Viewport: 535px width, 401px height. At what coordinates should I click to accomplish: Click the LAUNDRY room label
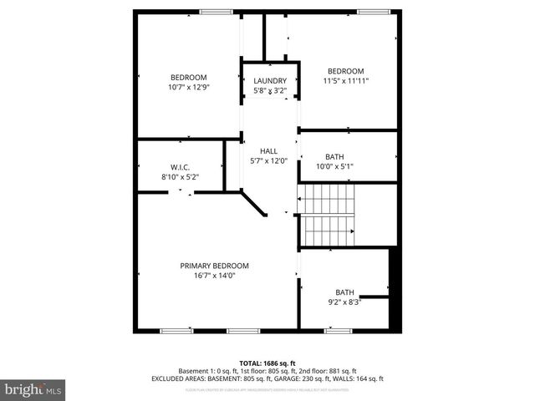[x=270, y=81]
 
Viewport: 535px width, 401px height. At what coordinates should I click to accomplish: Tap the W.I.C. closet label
[x=180, y=167]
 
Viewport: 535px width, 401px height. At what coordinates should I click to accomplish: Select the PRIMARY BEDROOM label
[x=214, y=266]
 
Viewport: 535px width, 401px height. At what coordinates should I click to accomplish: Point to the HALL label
[x=268, y=151]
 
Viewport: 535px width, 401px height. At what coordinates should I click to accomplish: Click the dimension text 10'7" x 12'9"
[x=188, y=87]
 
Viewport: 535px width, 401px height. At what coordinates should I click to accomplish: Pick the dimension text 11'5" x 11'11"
[x=345, y=81]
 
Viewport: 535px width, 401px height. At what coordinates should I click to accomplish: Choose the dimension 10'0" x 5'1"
[x=334, y=166]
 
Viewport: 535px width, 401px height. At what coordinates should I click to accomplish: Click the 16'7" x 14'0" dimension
[x=214, y=276]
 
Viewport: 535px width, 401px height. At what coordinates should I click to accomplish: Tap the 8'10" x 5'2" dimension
[x=180, y=177]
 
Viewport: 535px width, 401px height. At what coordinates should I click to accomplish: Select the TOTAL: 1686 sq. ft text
[x=267, y=363]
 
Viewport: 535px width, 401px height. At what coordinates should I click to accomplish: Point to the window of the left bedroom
[x=216, y=11]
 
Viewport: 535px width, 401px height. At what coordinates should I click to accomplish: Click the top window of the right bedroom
[x=373, y=11]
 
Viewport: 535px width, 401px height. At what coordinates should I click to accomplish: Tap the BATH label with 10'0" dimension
[x=334, y=156]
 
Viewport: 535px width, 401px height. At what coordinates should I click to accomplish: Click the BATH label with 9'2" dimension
[x=344, y=292]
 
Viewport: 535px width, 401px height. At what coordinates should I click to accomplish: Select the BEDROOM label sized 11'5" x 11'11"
[x=345, y=71]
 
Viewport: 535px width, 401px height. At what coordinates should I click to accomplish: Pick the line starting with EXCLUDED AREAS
[x=267, y=378]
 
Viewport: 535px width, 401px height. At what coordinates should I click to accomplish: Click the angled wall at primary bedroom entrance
[x=254, y=203]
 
